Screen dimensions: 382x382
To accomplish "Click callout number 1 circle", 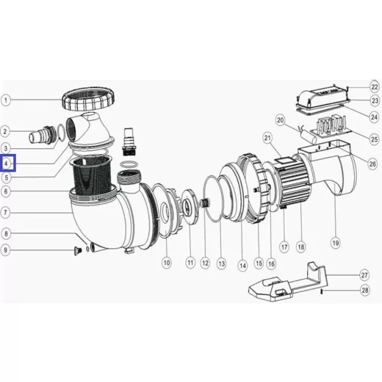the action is (x=6, y=100).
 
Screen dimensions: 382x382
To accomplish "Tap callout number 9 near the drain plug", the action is (x=6, y=250).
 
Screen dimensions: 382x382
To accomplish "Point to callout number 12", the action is (x=205, y=263).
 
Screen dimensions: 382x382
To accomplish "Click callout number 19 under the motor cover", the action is (x=336, y=243).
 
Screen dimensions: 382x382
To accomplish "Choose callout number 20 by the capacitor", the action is (x=281, y=120).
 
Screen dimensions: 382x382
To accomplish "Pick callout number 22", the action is (x=374, y=87).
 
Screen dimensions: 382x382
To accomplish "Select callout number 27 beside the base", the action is (x=364, y=276).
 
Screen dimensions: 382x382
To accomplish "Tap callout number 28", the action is (x=365, y=290).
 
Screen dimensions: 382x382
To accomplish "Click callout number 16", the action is (x=271, y=264).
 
